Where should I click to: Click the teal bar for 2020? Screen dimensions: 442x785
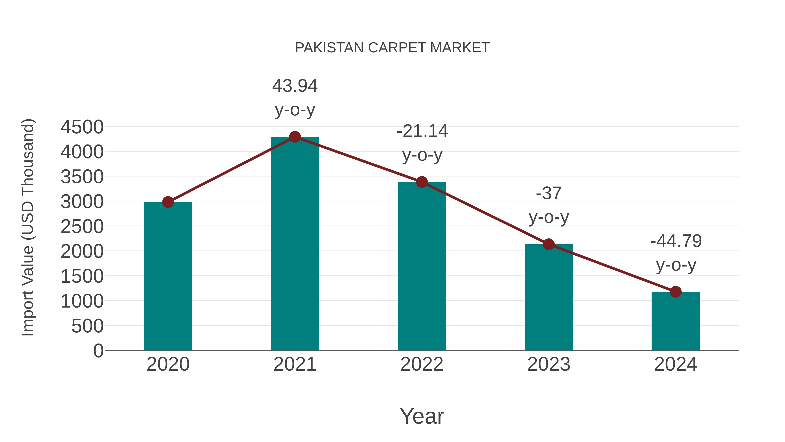pos(168,276)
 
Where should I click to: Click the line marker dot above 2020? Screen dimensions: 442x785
pos(168,202)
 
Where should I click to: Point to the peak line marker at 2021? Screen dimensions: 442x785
pos(295,137)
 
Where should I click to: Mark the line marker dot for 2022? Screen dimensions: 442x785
pos(422,182)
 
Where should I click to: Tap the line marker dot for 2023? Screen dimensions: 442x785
pos(549,244)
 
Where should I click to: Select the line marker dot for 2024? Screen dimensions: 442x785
pos(676,292)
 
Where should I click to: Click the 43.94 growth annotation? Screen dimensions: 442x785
pos(295,86)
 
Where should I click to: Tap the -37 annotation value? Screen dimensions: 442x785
pos(549,193)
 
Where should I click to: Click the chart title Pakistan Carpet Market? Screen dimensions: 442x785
pos(392,48)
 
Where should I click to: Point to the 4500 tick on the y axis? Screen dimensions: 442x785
pos(82,127)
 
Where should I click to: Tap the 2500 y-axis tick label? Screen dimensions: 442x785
pos(82,227)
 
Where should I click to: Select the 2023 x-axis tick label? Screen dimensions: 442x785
pos(549,364)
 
